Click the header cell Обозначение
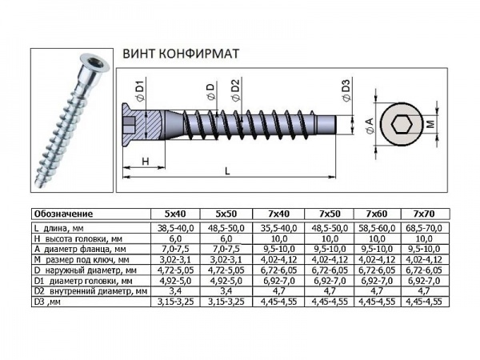pos(63,214)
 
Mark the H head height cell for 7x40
pos(276,238)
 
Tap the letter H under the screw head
pos(145,162)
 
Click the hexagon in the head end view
pos(403,126)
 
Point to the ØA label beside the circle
pos(369,126)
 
